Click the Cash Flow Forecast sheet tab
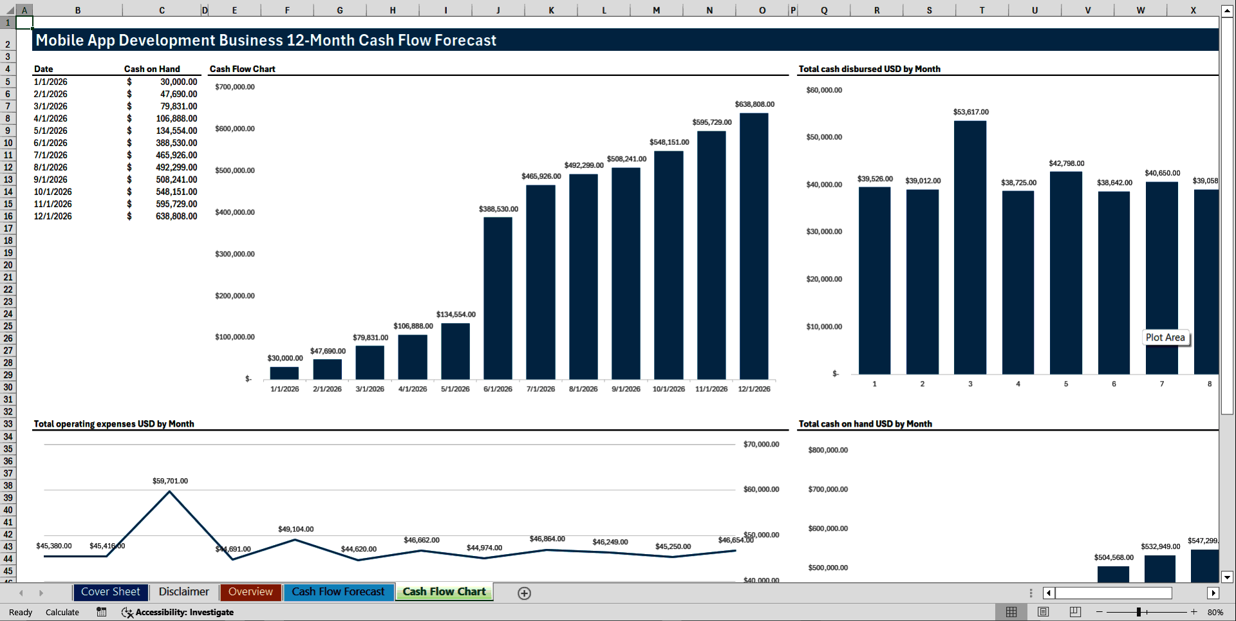click(x=338, y=592)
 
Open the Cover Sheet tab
click(x=110, y=592)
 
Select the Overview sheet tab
click(x=250, y=592)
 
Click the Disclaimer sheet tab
click(x=183, y=592)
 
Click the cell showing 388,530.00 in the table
click(x=176, y=143)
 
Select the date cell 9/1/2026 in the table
click(x=51, y=180)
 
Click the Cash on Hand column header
click(x=152, y=69)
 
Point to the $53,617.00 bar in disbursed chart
click(x=969, y=247)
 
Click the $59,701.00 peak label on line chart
click(x=170, y=481)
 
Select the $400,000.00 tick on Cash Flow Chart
click(x=235, y=212)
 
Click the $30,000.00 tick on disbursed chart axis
click(x=824, y=232)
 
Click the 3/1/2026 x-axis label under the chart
click(x=370, y=389)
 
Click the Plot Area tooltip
click(x=1165, y=338)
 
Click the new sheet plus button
click(x=524, y=593)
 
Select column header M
click(x=656, y=10)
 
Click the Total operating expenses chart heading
click(x=113, y=424)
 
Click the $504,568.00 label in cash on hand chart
click(x=1113, y=557)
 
